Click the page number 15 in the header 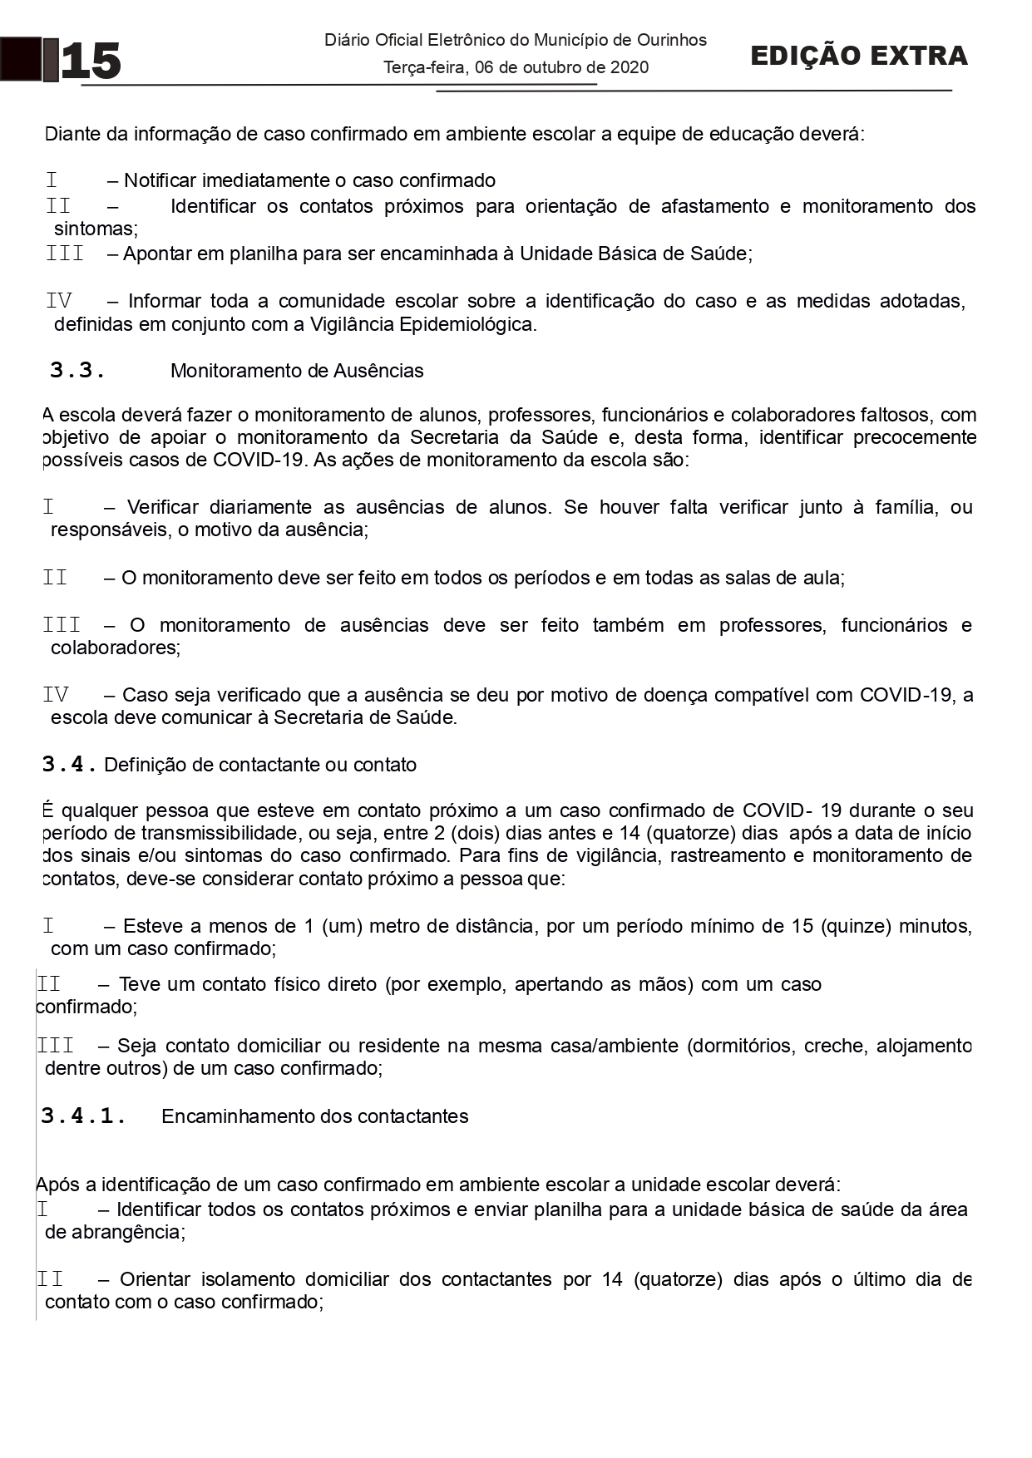[91, 62]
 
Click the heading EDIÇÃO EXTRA [859, 56]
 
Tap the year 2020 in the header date [630, 67]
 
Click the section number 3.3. [77, 371]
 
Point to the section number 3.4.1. [84, 1116]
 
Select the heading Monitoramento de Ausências [297, 371]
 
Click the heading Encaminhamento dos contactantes [315, 1116]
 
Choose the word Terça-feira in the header [424, 67]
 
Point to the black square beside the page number [20, 59]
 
